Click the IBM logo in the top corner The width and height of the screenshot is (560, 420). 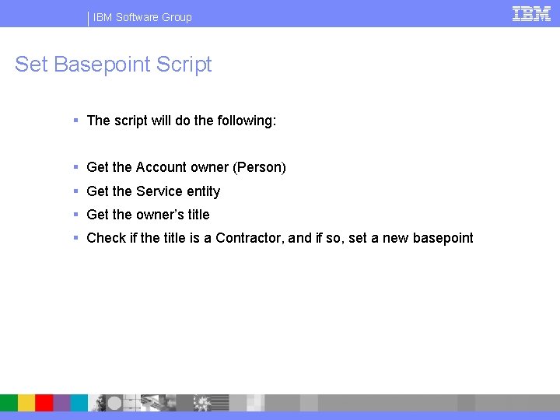pos(531,14)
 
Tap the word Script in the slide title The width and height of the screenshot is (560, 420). pos(184,65)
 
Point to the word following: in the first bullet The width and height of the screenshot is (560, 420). pos(246,121)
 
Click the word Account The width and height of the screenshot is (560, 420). pos(161,167)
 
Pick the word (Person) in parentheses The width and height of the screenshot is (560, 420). pos(259,167)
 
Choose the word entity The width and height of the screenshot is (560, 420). pos(203,191)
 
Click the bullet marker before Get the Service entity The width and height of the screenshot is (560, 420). pos(76,191)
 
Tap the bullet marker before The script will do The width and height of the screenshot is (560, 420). pos(76,121)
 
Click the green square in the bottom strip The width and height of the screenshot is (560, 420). pos(9,402)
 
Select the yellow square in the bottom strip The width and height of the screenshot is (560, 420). pos(26,402)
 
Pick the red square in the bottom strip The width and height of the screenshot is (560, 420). pos(44,402)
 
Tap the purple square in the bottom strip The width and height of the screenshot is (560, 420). pos(62,402)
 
